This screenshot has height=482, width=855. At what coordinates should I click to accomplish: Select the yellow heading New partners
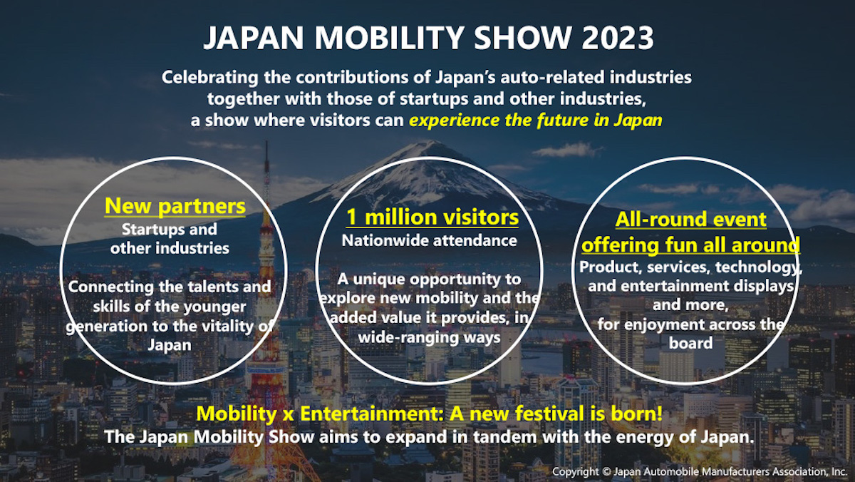175,207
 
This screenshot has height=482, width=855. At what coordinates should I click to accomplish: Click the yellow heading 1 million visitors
432,217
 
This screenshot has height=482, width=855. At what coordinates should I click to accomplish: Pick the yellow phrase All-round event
692,220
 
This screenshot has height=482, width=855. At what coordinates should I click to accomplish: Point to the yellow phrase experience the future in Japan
535,120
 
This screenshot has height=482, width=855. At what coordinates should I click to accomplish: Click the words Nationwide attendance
429,241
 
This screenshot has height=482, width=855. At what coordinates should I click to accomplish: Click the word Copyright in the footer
577,472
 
